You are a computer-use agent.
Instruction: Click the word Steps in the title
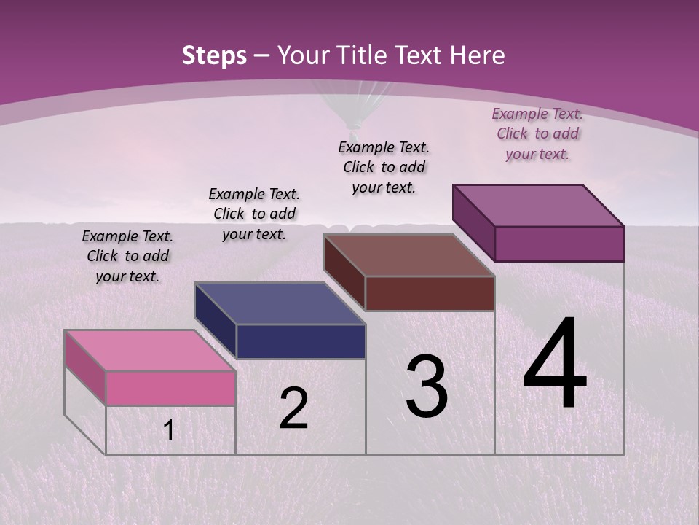(x=214, y=55)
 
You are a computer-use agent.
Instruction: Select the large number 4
(x=555, y=365)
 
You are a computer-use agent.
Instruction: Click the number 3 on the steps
(x=427, y=387)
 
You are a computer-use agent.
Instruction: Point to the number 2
(x=293, y=408)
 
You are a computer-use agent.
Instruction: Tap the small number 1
(x=169, y=431)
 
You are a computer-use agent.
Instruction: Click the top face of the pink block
(x=149, y=350)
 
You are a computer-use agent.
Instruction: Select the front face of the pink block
(x=170, y=388)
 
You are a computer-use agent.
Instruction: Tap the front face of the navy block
(x=301, y=341)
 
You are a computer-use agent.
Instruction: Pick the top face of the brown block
(x=408, y=255)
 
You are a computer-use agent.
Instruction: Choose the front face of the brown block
(x=430, y=293)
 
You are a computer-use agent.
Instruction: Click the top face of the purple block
(x=538, y=205)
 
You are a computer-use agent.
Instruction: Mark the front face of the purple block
(x=559, y=244)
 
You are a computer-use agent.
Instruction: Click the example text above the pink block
(x=127, y=256)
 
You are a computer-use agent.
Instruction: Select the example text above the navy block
(x=254, y=214)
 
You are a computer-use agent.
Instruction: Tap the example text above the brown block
(x=384, y=167)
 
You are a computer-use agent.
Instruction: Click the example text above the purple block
(x=537, y=133)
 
